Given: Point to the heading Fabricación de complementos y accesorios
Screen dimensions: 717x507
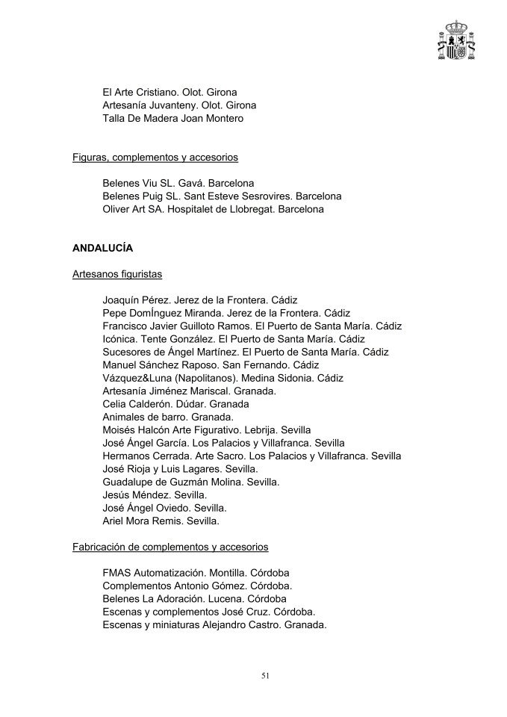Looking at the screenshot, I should click(x=170, y=547).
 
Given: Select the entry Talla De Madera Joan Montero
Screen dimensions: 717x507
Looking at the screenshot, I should click(x=172, y=118).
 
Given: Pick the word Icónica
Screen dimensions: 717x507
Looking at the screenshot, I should click(x=119, y=338).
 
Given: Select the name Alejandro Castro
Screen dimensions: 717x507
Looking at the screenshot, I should click(x=240, y=625).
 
